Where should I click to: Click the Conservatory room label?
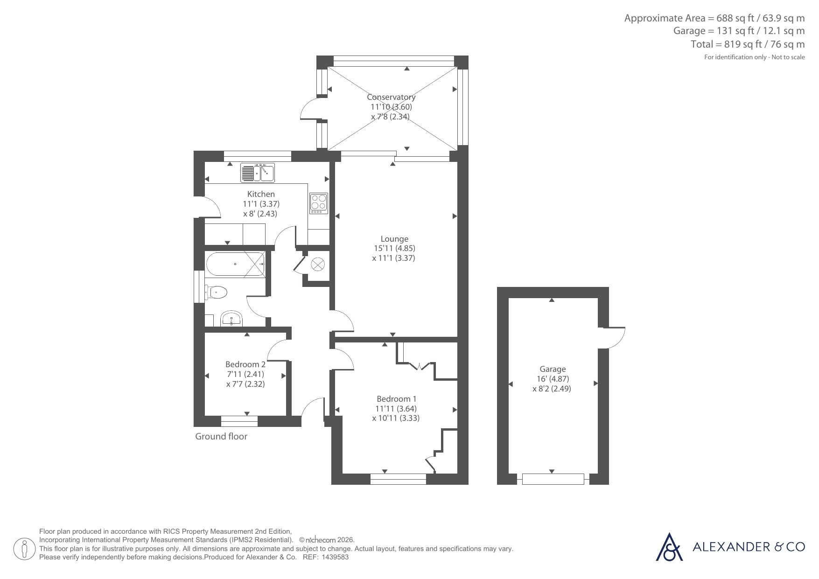tap(391, 97)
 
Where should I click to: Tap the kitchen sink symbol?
tap(258, 173)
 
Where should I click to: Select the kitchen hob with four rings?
tap(319, 203)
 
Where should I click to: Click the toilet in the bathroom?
tap(216, 293)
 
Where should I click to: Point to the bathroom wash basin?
tap(231, 319)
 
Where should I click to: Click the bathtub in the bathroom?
tap(236, 264)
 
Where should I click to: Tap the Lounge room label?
tap(394, 239)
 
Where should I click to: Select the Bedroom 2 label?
tap(245, 364)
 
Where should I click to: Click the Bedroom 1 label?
tap(397, 399)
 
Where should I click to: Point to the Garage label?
tap(553, 369)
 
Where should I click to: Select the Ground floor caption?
tap(221, 437)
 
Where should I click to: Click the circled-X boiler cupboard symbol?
tap(318, 265)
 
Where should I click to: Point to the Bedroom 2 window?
tap(239, 421)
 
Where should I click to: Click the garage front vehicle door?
tap(553, 479)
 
